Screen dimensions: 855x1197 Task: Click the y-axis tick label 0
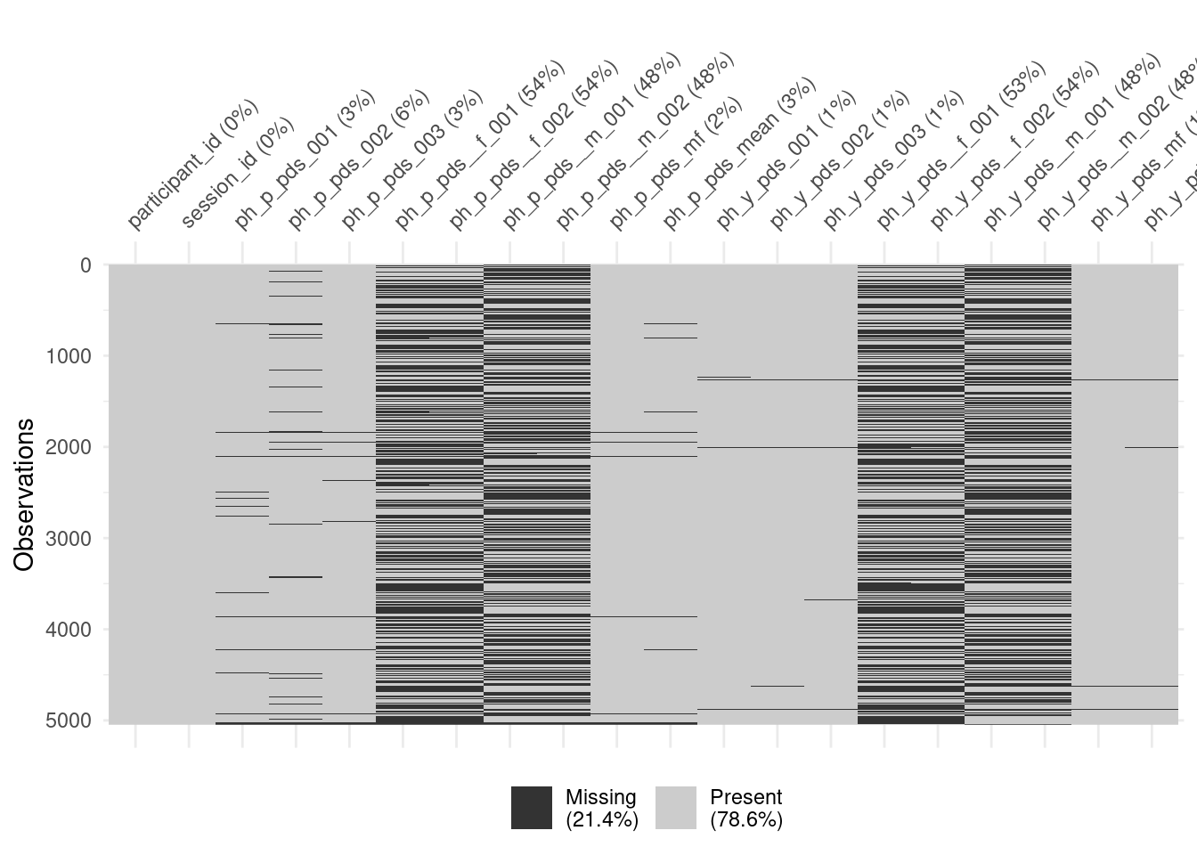(x=85, y=265)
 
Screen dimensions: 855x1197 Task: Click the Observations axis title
(x=24, y=494)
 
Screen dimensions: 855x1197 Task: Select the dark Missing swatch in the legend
(x=532, y=808)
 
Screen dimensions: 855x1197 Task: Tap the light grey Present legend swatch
(x=676, y=808)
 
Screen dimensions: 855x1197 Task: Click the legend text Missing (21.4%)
(x=601, y=808)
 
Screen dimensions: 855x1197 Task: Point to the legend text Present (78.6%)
(x=745, y=808)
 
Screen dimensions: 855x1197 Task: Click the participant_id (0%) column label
(x=192, y=165)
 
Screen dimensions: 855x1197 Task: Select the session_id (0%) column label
(x=237, y=174)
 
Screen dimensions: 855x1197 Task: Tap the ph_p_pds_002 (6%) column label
(x=358, y=160)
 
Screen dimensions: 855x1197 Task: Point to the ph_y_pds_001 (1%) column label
(x=786, y=160)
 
